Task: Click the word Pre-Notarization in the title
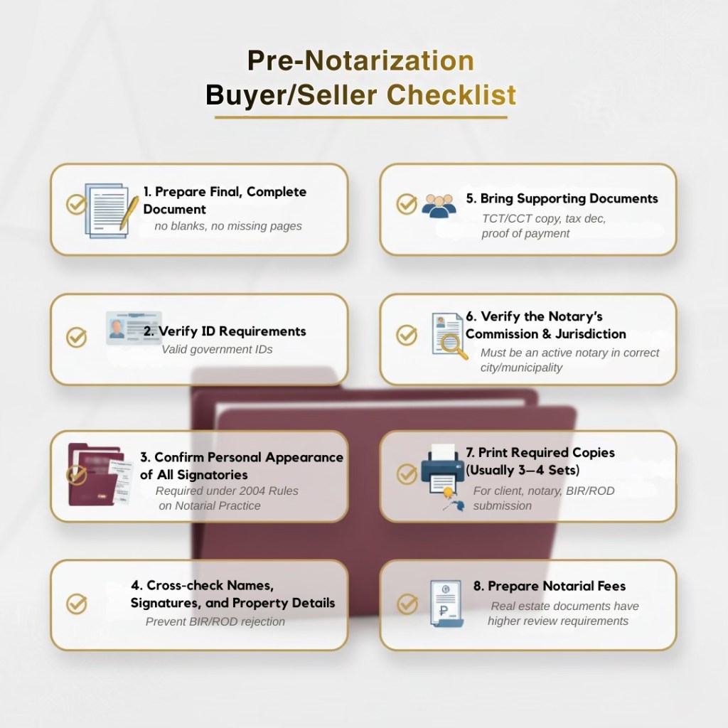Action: pyautogui.click(x=360, y=61)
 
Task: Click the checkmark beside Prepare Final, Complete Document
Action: pyautogui.click(x=76, y=205)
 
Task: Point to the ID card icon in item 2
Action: pyautogui.click(x=133, y=328)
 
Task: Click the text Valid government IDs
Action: pyautogui.click(x=217, y=349)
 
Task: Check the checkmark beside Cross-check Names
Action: pyautogui.click(x=76, y=604)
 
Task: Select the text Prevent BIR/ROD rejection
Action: pyautogui.click(x=215, y=621)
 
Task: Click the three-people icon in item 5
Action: pyautogui.click(x=439, y=205)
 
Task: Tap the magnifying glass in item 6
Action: pyautogui.click(x=454, y=346)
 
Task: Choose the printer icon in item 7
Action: pyautogui.click(x=441, y=469)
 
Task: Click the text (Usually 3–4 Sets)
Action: pyautogui.click(x=523, y=470)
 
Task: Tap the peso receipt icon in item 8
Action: pyautogui.click(x=446, y=603)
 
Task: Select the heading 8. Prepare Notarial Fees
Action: pyautogui.click(x=550, y=587)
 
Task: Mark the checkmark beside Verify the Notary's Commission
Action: pyautogui.click(x=407, y=335)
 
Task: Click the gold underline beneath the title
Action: pyautogui.click(x=360, y=117)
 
